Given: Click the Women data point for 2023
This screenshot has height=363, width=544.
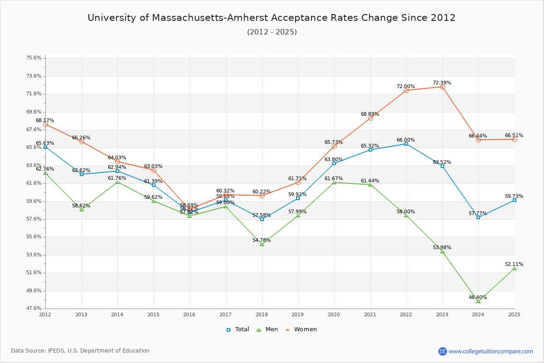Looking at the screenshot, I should pos(442,87).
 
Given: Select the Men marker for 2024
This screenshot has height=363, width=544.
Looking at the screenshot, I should pos(478,301).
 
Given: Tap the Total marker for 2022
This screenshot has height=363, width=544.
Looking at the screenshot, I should pos(406,144).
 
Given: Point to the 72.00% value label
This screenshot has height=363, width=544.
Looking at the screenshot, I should pos(406,87).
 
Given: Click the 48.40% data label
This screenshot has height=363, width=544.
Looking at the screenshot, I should pos(478,298).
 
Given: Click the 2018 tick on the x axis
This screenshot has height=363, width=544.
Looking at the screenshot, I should pos(262,314).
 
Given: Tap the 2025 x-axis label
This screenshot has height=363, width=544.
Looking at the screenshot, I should pos(514,314).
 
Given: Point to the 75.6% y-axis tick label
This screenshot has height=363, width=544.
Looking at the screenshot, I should pos(34,58).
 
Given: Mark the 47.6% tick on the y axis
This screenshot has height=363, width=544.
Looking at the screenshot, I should pos(34,309).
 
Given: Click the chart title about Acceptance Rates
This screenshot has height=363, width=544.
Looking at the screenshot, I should pos(272,18).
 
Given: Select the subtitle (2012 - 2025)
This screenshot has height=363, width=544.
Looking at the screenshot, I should pos(272,32).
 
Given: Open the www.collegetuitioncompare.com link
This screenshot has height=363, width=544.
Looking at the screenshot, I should pos(491,351).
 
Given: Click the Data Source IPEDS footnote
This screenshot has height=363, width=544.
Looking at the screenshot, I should pos(80,351).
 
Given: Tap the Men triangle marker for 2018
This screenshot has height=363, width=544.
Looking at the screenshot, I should pos(262,244).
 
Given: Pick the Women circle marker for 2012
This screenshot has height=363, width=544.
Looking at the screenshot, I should pos(45,124).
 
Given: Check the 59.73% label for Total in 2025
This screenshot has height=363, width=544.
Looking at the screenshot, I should pos(514,196).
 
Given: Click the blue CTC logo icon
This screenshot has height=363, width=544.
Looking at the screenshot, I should pos(442,351).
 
